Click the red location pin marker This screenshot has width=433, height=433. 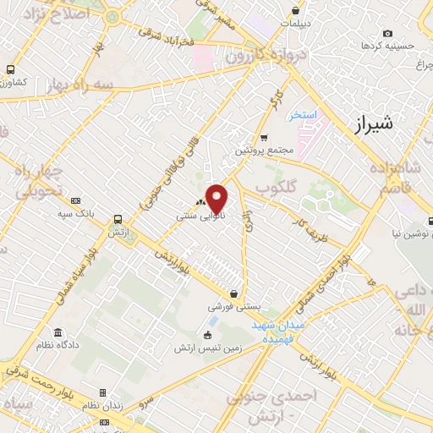217,199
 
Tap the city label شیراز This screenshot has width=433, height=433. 370,125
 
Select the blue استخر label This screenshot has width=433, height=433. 302,115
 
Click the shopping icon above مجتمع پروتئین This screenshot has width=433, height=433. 264,137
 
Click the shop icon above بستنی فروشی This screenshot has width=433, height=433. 233,293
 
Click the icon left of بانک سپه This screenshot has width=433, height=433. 76,200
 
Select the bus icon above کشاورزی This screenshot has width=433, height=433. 11,70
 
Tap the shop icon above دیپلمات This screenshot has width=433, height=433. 295,11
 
